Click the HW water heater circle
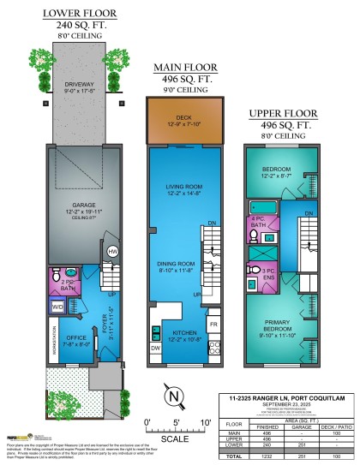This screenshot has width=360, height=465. (x=113, y=251)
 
